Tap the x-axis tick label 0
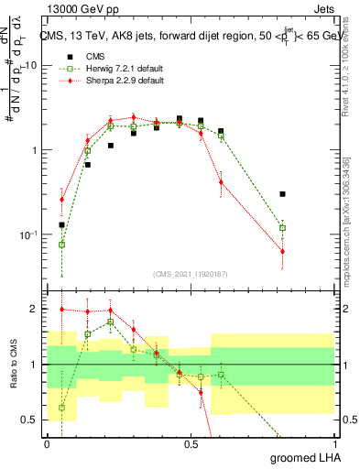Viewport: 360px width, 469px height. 47,442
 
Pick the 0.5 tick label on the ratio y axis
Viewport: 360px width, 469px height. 32,420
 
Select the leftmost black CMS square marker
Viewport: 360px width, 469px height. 62,224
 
